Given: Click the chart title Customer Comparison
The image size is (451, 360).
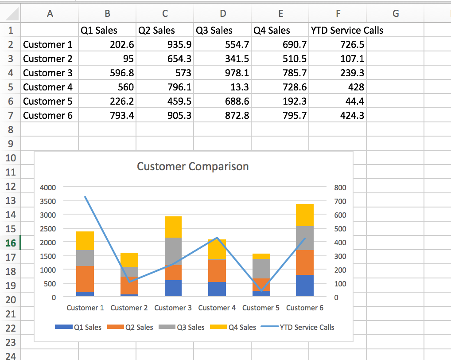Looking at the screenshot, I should point(193,167).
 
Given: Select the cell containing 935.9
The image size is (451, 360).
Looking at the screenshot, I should point(165,44).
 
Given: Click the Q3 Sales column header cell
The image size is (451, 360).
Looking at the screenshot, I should point(222,30).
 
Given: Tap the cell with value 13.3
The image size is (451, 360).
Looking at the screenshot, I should point(222,87).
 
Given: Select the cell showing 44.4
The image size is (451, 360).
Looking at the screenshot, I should point(338,101).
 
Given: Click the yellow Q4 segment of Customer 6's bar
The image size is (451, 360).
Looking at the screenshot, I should point(304,215).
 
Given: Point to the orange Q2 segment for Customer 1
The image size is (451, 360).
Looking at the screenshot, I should point(85,278).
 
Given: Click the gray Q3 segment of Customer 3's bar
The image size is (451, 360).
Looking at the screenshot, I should point(173,251).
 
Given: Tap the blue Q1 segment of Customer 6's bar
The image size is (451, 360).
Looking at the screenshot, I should point(304,286).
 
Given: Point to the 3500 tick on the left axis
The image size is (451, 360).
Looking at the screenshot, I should point(48,201).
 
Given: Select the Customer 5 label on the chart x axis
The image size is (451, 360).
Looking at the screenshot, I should point(260,308).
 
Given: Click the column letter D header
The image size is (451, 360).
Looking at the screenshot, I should point(223,14).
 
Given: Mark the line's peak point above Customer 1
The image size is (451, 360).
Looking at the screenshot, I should point(85,197).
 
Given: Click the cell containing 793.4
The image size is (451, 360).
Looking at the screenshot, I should point(107,115).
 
